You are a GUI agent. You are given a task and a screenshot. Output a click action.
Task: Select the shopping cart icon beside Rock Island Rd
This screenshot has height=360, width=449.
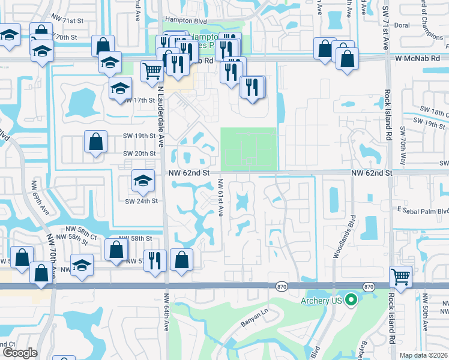pos(400,277)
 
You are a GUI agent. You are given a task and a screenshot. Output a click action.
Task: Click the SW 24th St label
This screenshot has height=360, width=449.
pos(141,200)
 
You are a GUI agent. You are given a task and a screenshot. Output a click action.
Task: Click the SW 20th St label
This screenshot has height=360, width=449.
pos(140,154)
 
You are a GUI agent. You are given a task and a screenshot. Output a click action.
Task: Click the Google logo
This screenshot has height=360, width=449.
pos(20,353)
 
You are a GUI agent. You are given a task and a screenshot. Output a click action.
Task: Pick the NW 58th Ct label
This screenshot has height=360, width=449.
pos(82,230)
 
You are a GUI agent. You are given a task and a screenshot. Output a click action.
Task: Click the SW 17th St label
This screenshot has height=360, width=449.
pos(140,100)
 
